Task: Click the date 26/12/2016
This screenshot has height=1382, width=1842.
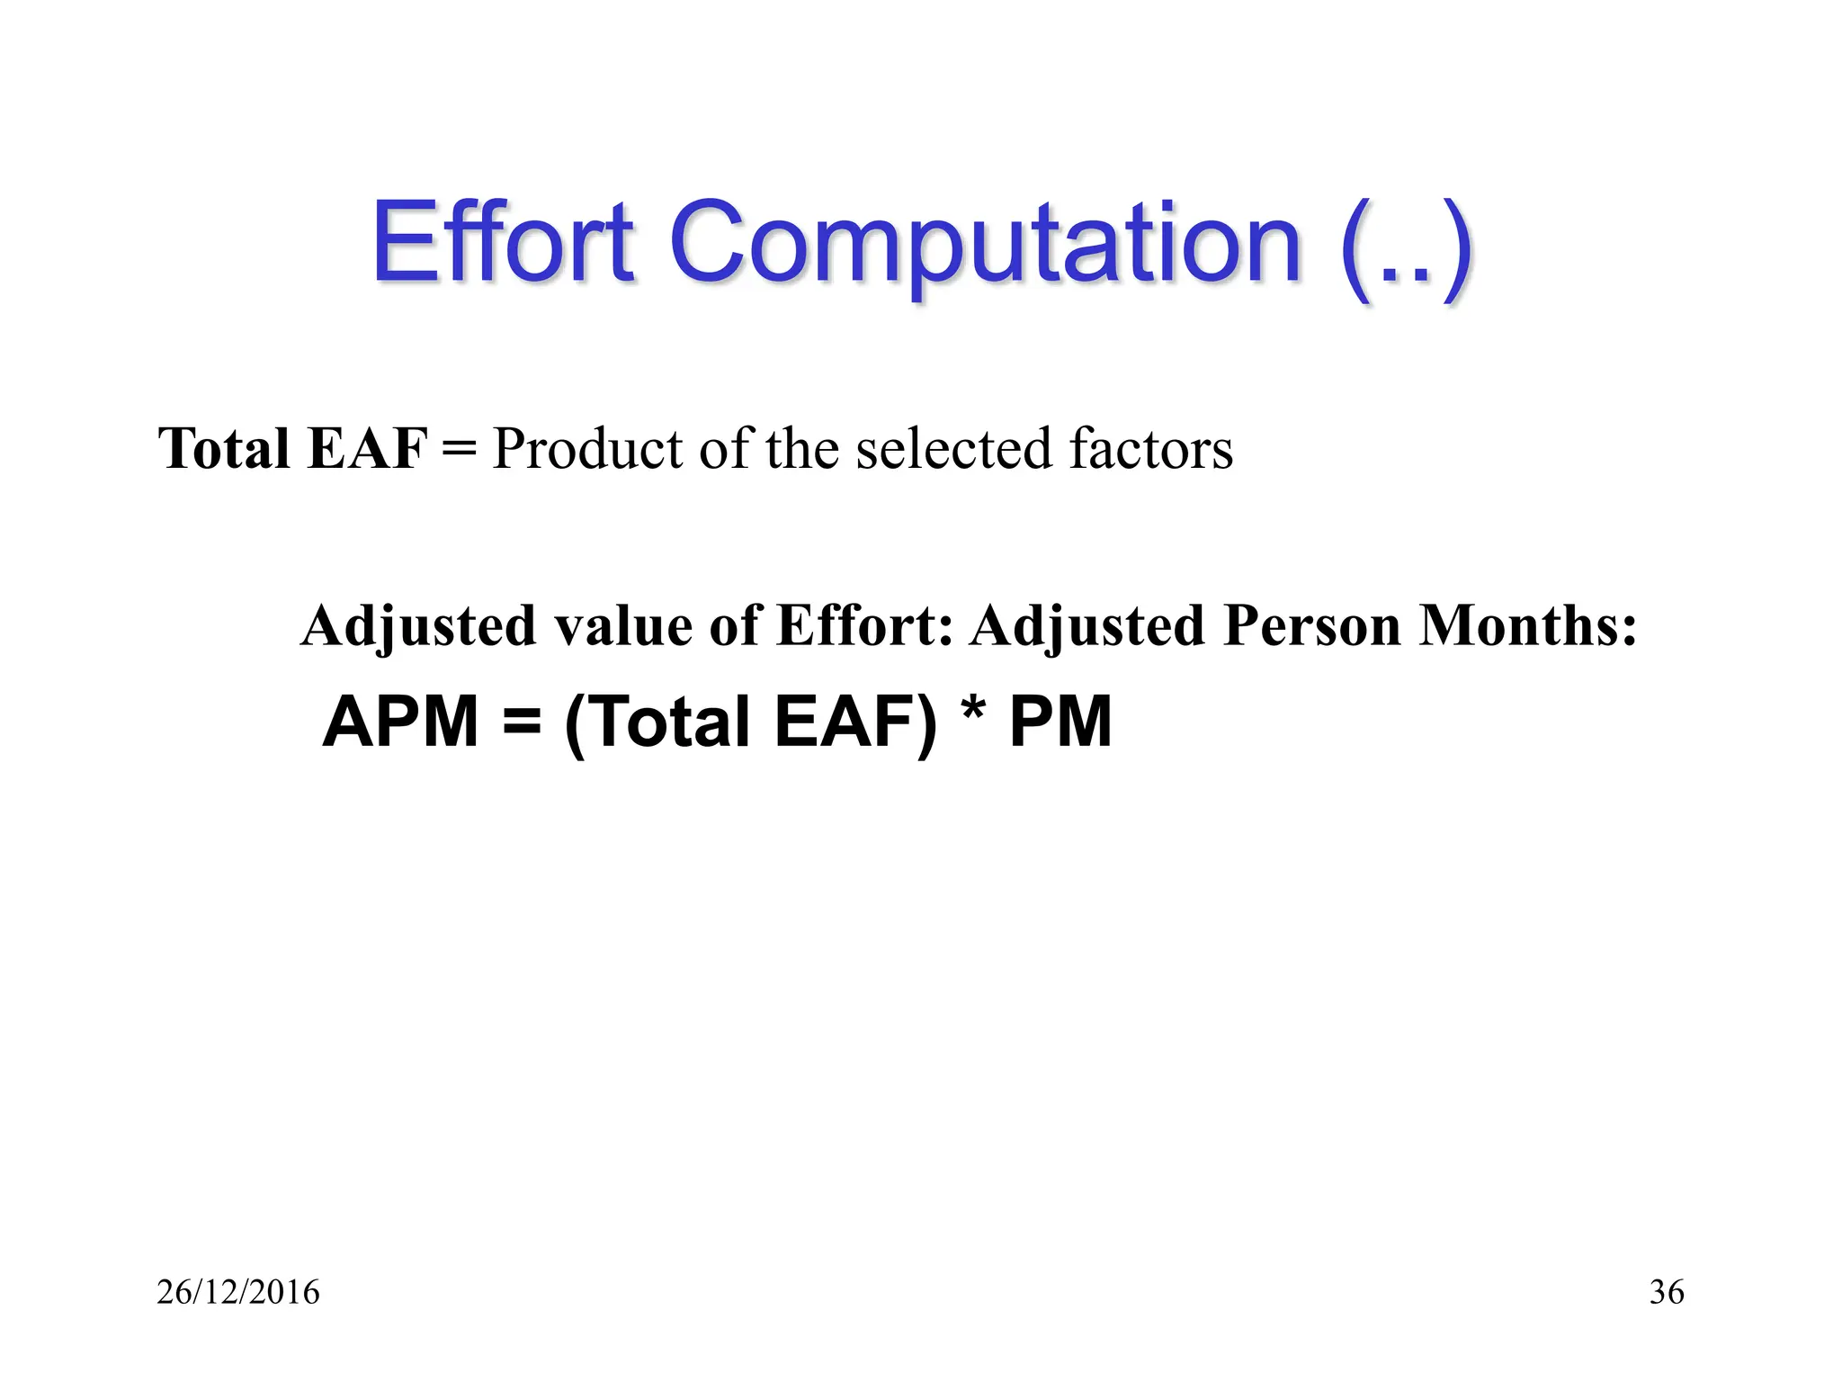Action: click(238, 1292)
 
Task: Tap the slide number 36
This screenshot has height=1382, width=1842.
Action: click(1667, 1292)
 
